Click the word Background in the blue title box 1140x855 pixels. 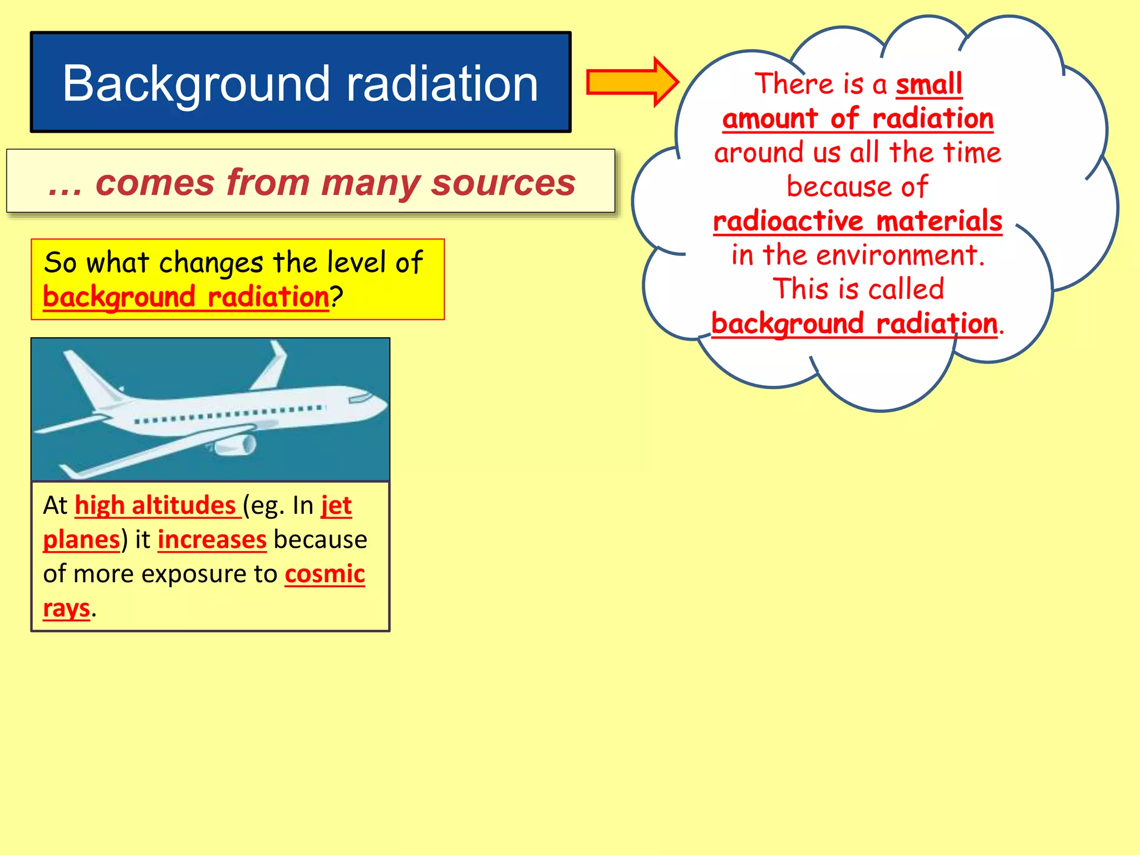click(191, 85)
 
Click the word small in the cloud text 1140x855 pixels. click(928, 85)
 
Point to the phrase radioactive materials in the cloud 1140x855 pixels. click(857, 221)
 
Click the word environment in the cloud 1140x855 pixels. click(897, 255)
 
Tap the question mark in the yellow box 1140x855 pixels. click(337, 297)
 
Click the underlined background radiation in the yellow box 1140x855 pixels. click(186, 297)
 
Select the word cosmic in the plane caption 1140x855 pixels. click(325, 574)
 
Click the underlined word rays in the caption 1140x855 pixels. click(66, 608)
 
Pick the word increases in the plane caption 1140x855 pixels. click(212, 539)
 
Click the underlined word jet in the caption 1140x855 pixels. click(336, 505)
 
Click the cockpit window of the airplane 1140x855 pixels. click(361, 398)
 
